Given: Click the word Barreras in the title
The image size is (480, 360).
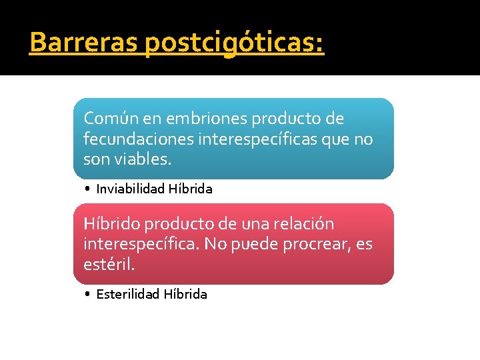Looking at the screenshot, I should point(84,43).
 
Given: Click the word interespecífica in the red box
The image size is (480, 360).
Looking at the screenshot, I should point(140,245).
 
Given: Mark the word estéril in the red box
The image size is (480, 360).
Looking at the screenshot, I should point(109,265).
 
